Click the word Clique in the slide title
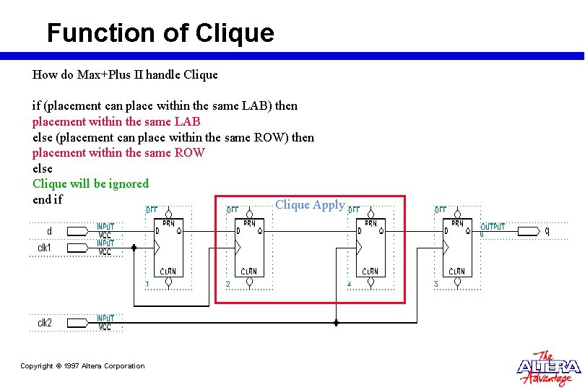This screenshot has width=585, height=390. [235, 33]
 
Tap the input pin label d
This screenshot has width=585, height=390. [49, 231]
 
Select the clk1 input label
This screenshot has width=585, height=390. [45, 248]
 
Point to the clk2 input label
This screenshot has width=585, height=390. [45, 323]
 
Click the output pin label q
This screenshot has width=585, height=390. [547, 231]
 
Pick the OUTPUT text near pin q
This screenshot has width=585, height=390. [493, 227]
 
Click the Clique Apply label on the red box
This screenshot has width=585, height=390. [310, 204]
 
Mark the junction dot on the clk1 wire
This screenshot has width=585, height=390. [134, 247]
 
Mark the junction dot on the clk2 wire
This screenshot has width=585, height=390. [336, 323]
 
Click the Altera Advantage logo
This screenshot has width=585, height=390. [548, 368]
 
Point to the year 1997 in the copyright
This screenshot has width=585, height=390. [71, 366]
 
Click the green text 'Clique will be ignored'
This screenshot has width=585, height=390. [90, 183]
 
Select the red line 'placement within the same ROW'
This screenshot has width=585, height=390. [118, 152]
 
